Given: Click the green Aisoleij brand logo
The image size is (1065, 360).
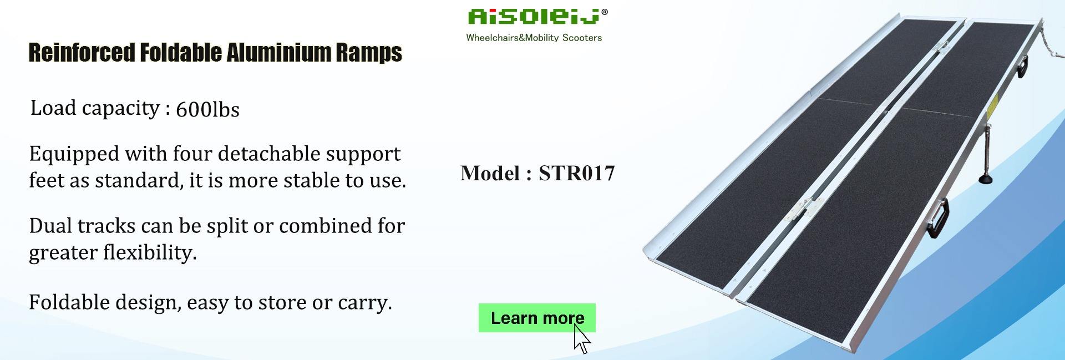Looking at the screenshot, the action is tap(534, 17).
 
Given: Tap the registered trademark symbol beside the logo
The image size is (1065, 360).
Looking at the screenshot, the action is tap(605, 12).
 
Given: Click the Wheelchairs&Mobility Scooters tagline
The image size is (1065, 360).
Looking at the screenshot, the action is tap(534, 38).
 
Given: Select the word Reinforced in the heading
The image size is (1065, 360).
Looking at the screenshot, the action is tap(82, 53).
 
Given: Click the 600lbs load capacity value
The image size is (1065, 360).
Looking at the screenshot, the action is tap(207, 110).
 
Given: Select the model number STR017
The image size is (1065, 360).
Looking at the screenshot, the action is tap(576, 174).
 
